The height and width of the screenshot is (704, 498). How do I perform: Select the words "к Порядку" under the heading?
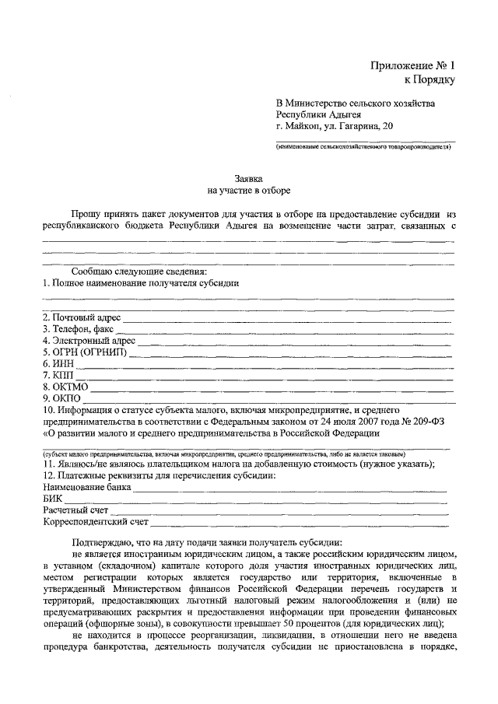pyautogui.click(x=428, y=79)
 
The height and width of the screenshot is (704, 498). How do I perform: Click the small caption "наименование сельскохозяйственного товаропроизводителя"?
pyautogui.click(x=363, y=146)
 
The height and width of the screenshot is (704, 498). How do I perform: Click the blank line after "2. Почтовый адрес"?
pyautogui.click(x=288, y=320)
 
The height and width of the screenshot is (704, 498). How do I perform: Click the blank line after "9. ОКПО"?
pyautogui.click(x=265, y=399)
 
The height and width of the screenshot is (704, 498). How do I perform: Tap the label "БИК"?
pyautogui.click(x=52, y=499)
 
